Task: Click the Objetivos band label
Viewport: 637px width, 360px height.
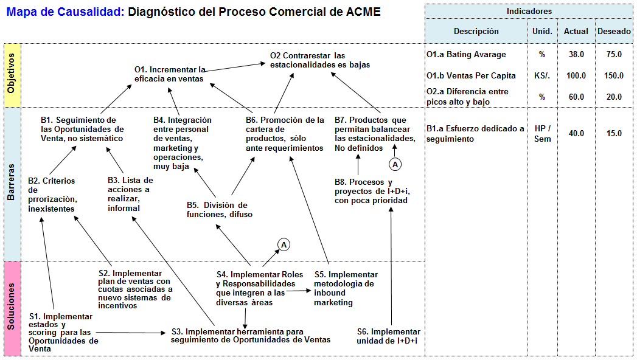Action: point(12,75)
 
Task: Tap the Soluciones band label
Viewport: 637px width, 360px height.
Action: point(12,308)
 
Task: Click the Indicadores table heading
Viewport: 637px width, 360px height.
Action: point(529,12)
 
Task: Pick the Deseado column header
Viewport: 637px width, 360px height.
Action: point(614,32)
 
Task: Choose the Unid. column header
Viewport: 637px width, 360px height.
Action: point(542,32)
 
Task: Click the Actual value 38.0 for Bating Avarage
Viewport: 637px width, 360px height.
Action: point(576,54)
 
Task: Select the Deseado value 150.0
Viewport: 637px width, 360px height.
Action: point(614,75)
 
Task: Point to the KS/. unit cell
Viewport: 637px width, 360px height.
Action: point(542,75)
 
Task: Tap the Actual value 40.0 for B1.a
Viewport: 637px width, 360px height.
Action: point(576,133)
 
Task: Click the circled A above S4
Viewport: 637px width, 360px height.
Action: point(284,244)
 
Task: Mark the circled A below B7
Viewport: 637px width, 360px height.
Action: point(395,164)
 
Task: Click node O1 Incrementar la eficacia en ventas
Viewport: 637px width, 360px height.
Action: point(170,74)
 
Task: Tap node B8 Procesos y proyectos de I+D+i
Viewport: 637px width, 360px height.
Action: point(371,191)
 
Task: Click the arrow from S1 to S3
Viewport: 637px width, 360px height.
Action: point(131,333)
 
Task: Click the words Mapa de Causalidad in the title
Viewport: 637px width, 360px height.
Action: point(64,12)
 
